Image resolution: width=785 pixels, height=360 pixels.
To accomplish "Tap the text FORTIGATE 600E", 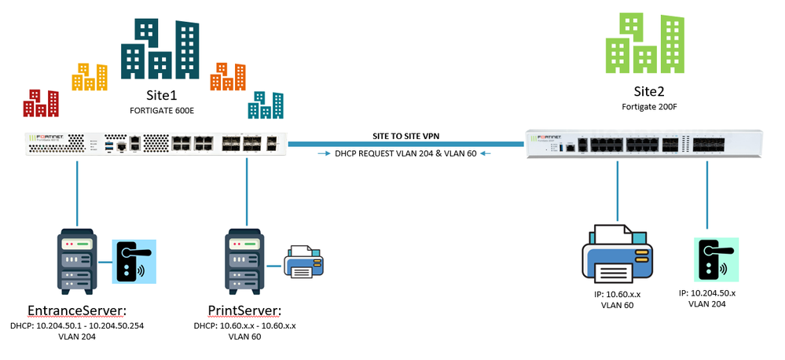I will tap(161, 111).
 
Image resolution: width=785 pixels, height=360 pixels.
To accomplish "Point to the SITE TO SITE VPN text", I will tap(406, 134).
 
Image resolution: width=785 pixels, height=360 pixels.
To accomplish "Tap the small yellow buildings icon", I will tap(90, 75).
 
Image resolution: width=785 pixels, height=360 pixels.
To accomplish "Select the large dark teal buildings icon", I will tap(160, 50).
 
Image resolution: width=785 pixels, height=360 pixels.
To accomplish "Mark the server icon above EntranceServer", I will tap(76, 261).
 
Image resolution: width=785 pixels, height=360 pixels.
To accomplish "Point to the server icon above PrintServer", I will tap(246, 261).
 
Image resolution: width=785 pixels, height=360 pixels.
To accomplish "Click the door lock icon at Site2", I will tap(709, 260).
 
